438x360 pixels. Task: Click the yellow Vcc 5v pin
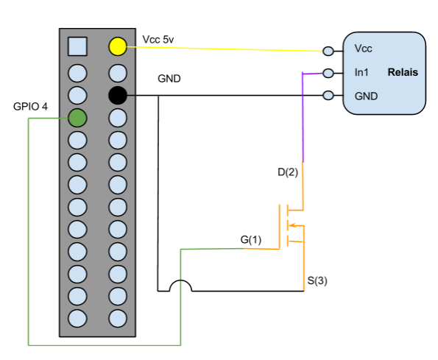[x=118, y=46]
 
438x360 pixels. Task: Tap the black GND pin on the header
[x=118, y=95]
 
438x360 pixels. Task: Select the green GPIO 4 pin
[x=77, y=118]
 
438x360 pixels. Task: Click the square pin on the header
[x=77, y=46]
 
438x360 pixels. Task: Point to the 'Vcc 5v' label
[x=158, y=40]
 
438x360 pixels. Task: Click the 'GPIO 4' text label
[x=30, y=107]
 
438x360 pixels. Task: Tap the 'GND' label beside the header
[x=169, y=79]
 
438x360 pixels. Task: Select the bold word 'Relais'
[x=403, y=72]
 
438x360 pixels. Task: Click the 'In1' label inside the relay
[x=361, y=72]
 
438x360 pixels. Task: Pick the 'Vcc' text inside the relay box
[x=363, y=49]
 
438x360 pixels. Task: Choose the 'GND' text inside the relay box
[x=366, y=96]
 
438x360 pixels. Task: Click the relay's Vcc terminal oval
[x=328, y=51]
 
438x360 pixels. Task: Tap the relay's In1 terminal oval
[x=328, y=73]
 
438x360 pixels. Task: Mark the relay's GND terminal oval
[x=328, y=96]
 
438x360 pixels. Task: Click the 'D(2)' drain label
[x=288, y=172]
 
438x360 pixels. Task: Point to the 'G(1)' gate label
[x=251, y=239]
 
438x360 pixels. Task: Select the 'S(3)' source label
[x=317, y=280]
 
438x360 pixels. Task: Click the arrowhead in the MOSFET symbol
[x=292, y=225]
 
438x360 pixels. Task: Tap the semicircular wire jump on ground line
[x=181, y=281]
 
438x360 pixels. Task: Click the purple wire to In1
[x=303, y=117]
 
